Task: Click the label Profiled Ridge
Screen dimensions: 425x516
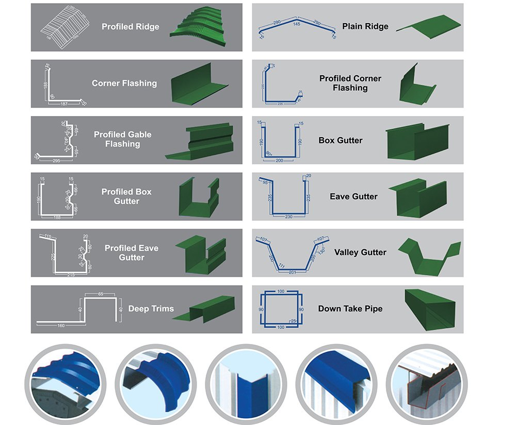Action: [x=131, y=27]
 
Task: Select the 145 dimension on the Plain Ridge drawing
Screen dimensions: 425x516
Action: [x=296, y=24]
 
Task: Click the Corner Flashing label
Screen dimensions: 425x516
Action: [x=124, y=83]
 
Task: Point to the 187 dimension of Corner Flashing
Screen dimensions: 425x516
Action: [x=64, y=104]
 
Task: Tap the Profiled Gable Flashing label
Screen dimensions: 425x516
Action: [x=123, y=139]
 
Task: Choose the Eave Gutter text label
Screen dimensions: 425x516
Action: [x=353, y=197]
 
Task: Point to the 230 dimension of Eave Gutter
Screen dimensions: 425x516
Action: [x=288, y=217]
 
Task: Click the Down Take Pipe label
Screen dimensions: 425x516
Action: [x=350, y=308]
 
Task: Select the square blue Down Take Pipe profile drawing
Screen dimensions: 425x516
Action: [x=281, y=309]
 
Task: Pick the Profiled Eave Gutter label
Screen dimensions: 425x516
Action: [x=132, y=253]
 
